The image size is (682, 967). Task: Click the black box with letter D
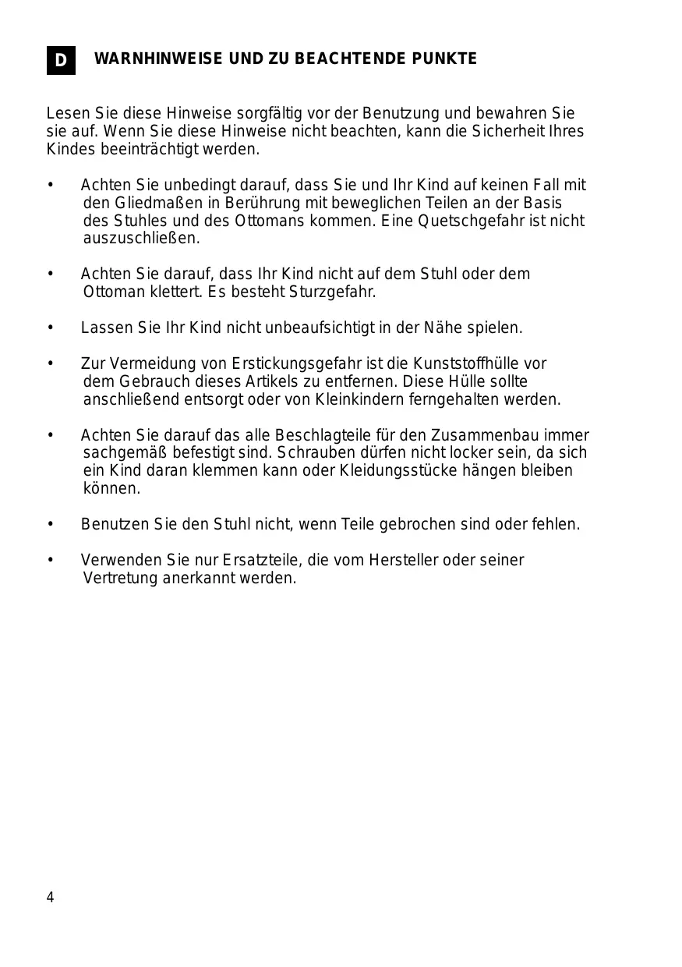click(61, 60)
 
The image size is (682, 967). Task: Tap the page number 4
click(51, 898)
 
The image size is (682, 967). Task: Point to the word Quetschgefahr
click(466, 221)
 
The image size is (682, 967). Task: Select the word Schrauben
click(309, 453)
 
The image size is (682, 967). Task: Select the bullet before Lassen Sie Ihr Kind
click(51, 328)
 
